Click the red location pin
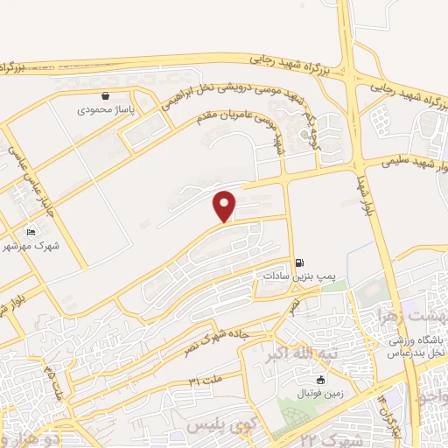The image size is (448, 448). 226,206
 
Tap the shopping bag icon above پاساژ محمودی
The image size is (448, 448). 106,95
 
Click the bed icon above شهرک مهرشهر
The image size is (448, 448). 32,232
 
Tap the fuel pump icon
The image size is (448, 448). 300,262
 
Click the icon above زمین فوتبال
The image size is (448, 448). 320,379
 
